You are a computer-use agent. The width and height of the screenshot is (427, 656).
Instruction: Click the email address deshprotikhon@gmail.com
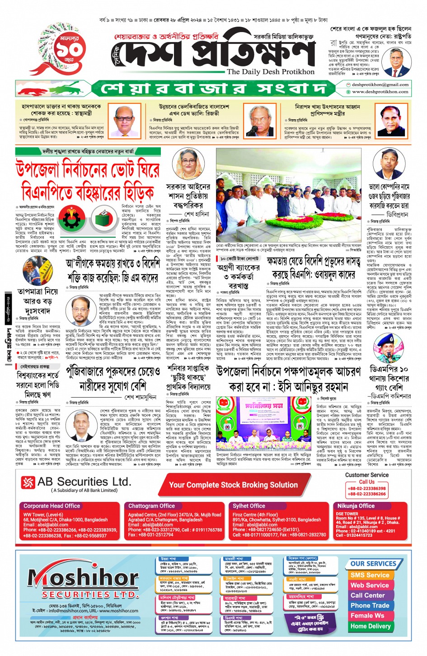(x=380, y=84)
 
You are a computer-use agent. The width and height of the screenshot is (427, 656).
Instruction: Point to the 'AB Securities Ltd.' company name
(x=84, y=482)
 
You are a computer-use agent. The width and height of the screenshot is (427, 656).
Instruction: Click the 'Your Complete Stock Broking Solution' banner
(x=233, y=485)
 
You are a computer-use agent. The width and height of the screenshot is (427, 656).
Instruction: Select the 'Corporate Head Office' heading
(x=52, y=506)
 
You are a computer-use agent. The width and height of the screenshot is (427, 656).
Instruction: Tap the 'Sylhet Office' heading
(x=249, y=506)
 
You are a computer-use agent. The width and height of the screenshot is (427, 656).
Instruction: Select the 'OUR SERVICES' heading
(x=373, y=564)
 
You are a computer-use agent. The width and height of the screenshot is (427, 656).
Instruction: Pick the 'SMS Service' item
(x=370, y=575)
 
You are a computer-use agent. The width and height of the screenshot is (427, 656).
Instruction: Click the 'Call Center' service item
(x=368, y=595)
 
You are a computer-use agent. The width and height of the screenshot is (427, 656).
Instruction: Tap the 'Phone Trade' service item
(x=370, y=605)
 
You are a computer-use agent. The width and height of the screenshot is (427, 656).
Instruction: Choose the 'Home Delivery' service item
(x=370, y=626)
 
